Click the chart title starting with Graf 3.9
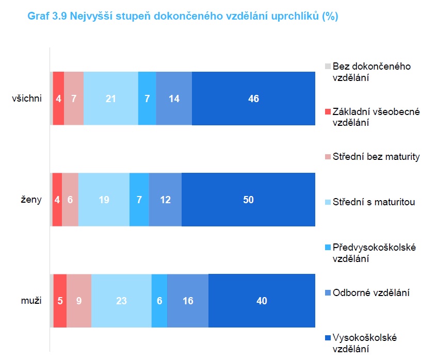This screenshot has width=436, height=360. pyautogui.click(x=183, y=17)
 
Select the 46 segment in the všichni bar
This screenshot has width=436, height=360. pyautogui.click(x=253, y=99)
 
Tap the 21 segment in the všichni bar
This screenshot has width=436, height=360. pyautogui.click(x=111, y=99)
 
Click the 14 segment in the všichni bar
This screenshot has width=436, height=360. pyautogui.click(x=174, y=99)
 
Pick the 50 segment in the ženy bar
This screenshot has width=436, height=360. pyautogui.click(x=248, y=200)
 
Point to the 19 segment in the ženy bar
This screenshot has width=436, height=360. pyautogui.click(x=104, y=200)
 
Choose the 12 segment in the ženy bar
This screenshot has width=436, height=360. pyautogui.click(x=165, y=200)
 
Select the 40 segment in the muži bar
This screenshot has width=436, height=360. pyautogui.click(x=262, y=301)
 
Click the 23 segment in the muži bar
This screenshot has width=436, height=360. pyautogui.click(x=121, y=301)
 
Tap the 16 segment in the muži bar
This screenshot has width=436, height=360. pyautogui.click(x=188, y=301)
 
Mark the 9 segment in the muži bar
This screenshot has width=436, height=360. pyautogui.click(x=79, y=301)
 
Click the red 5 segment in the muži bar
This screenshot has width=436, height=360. pyautogui.click(x=60, y=301)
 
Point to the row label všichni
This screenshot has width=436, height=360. pyautogui.click(x=27, y=99)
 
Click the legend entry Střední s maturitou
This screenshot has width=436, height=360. pyautogui.click(x=374, y=202)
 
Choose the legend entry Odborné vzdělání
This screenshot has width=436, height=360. pyautogui.click(x=371, y=292)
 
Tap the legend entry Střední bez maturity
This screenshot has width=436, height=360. pyautogui.click(x=376, y=157)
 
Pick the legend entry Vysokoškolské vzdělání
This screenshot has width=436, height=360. pyautogui.click(x=364, y=343)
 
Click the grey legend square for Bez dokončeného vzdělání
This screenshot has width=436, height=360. pyautogui.click(x=328, y=67)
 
